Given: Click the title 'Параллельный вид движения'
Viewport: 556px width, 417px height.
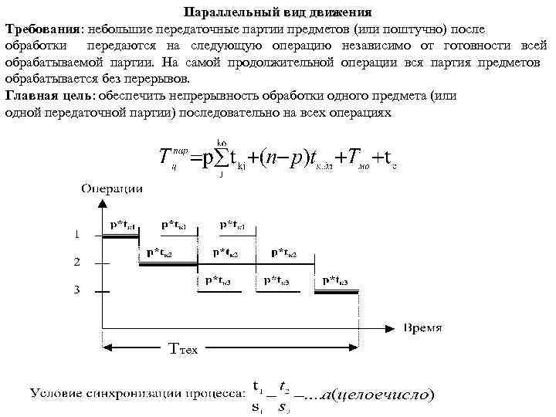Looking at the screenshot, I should (x=279, y=13).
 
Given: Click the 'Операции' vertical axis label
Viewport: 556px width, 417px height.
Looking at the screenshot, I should (x=112, y=188).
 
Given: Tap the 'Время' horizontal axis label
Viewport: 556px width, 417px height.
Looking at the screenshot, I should (x=423, y=327).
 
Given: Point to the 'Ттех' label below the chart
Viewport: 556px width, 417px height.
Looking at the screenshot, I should (x=183, y=350).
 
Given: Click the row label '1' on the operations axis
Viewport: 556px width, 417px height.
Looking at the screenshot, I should (x=76, y=233).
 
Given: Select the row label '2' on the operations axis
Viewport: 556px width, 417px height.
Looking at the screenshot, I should (x=76, y=263).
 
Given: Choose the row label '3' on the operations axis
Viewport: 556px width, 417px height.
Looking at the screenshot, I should (x=76, y=290).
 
